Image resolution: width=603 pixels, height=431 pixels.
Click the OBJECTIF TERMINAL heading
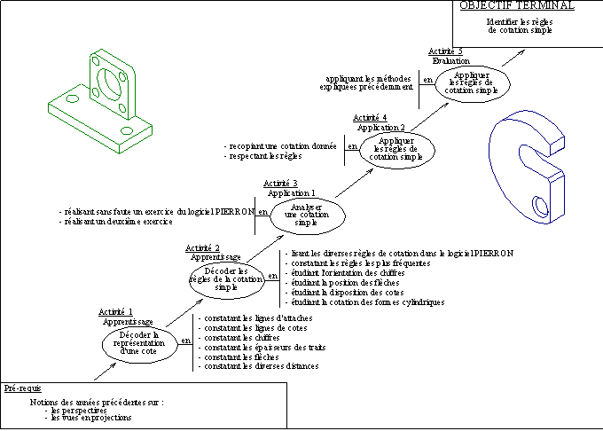tap(517, 5)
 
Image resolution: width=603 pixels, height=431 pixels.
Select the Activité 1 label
tap(116, 311)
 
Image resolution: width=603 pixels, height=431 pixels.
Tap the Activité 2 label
tap(203, 247)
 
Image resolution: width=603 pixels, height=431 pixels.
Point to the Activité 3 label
tap(280, 183)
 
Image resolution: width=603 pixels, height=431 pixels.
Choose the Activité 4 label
tap(369, 118)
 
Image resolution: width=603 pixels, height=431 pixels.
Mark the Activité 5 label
tap(445, 51)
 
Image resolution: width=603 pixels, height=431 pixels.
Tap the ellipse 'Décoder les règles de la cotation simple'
tap(226, 278)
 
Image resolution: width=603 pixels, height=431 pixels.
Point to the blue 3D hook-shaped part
tap(528, 168)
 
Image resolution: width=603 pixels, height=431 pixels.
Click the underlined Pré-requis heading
tap(22, 388)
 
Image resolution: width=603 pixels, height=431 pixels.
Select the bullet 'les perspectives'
tap(79, 411)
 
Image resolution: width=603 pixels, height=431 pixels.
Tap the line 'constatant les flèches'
tap(234, 357)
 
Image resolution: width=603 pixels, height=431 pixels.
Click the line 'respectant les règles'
tap(263, 155)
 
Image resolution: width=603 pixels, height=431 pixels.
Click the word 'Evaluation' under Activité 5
tap(451, 61)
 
